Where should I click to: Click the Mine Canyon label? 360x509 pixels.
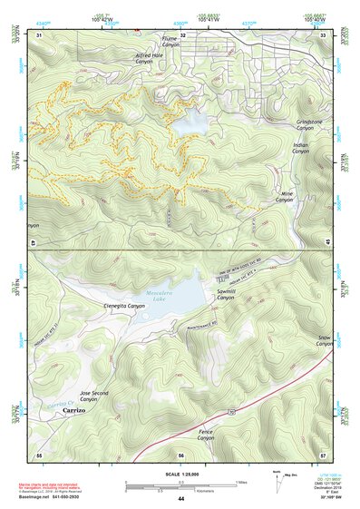click(x=285, y=197)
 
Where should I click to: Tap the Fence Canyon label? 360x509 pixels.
click(x=206, y=436)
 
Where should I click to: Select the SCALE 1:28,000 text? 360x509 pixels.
click(x=180, y=472)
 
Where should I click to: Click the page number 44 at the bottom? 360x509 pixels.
click(x=180, y=499)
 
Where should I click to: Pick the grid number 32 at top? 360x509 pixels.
click(x=182, y=34)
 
